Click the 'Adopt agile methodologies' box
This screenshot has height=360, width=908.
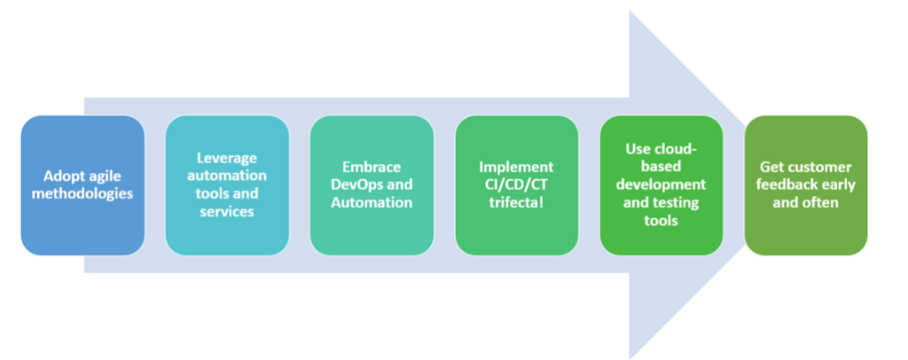(x=82, y=185)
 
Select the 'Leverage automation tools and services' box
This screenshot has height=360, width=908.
(x=227, y=185)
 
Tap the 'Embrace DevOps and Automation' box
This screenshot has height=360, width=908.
(x=372, y=185)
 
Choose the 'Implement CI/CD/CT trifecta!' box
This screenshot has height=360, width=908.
(x=517, y=185)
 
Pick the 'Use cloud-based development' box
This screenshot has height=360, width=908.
(x=661, y=185)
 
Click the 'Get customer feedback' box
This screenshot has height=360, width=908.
(x=806, y=185)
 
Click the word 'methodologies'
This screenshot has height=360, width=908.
(x=82, y=193)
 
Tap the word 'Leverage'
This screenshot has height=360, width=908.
(x=227, y=158)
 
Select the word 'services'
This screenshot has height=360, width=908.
(x=227, y=211)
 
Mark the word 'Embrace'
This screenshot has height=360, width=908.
(x=372, y=168)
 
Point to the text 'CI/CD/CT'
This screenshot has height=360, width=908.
(x=517, y=185)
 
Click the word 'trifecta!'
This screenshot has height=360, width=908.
(x=517, y=202)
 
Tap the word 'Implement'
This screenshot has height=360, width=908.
(x=517, y=168)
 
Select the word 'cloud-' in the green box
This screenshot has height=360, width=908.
(x=677, y=149)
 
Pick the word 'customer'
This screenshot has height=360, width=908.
(x=822, y=168)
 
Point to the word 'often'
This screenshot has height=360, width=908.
(x=823, y=202)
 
